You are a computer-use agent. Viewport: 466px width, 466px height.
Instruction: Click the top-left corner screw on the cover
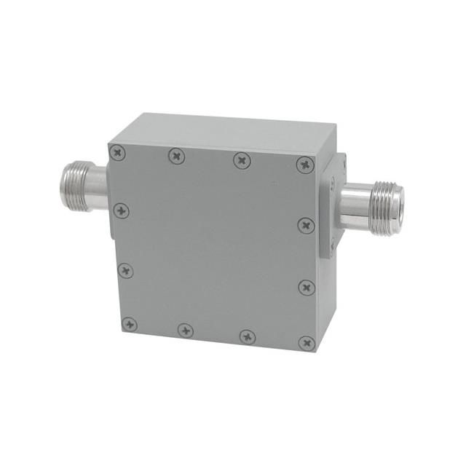pyautogui.click(x=118, y=151)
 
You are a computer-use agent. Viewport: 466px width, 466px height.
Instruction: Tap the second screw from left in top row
pyautogui.click(x=176, y=155)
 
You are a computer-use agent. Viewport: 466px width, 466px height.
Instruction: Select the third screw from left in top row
pyautogui.click(x=241, y=159)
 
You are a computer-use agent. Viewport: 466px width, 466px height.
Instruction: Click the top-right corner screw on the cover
pyautogui.click(x=305, y=164)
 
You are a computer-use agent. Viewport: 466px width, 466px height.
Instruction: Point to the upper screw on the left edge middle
pyautogui.click(x=121, y=210)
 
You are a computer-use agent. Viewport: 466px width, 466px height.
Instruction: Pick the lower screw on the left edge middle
pyautogui.click(x=125, y=271)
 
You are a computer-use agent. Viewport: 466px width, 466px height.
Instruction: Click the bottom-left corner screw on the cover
pyautogui.click(x=129, y=324)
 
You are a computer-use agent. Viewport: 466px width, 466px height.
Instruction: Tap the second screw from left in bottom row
pyautogui.click(x=186, y=330)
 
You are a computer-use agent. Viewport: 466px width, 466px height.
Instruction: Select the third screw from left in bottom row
pyautogui.click(x=248, y=336)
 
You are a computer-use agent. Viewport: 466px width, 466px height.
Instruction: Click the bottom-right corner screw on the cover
pyautogui.click(x=307, y=341)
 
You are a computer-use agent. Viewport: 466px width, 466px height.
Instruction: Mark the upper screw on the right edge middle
pyautogui.click(x=306, y=224)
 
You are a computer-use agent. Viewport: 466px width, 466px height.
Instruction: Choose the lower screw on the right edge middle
pyautogui.click(x=307, y=287)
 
